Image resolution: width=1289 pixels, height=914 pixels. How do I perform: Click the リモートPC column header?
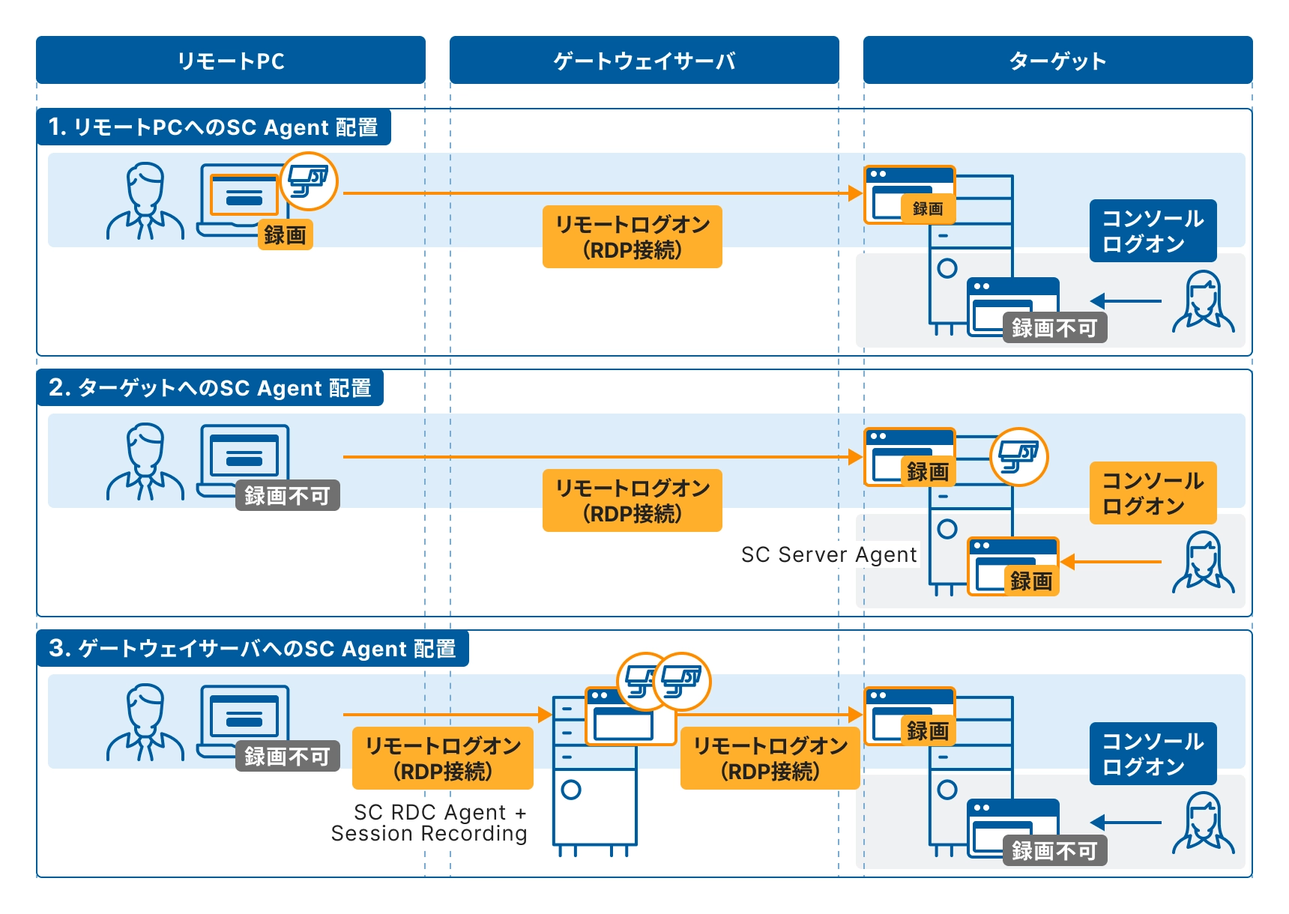pos(231,60)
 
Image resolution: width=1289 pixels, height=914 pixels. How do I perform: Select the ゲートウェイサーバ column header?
pos(644,60)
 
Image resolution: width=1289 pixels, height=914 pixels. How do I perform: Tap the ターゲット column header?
pos(1057,60)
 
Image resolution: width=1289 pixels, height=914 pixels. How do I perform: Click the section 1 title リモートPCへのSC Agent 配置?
pos(214,127)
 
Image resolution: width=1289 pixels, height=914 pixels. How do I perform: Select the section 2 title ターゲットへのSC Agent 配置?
pos(210,388)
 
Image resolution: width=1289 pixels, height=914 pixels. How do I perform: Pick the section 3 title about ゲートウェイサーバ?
pos(253,649)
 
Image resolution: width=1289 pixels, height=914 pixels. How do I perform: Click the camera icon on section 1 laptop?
pos(309,181)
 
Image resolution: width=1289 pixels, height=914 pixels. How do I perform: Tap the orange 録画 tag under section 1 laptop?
pos(285,235)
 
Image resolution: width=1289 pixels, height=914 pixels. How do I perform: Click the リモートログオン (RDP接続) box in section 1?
pos(632,237)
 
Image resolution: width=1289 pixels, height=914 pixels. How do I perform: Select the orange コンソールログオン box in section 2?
pos(1153,493)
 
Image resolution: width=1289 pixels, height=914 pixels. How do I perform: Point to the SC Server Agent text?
pos(828,554)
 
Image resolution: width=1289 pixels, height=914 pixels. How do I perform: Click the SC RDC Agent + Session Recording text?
pos(429,823)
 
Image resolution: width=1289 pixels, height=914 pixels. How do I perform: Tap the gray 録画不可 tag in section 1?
pos(1054,328)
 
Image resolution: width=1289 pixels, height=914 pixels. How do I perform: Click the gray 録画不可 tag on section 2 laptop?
pos(287,496)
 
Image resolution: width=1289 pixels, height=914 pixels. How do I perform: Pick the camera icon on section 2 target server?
pos(1018,456)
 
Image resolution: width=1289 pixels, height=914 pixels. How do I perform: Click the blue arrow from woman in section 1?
pos(1126,301)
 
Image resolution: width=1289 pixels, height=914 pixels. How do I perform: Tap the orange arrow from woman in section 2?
pos(1111,562)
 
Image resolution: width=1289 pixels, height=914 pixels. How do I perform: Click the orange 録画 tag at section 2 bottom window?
pos(1031,581)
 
